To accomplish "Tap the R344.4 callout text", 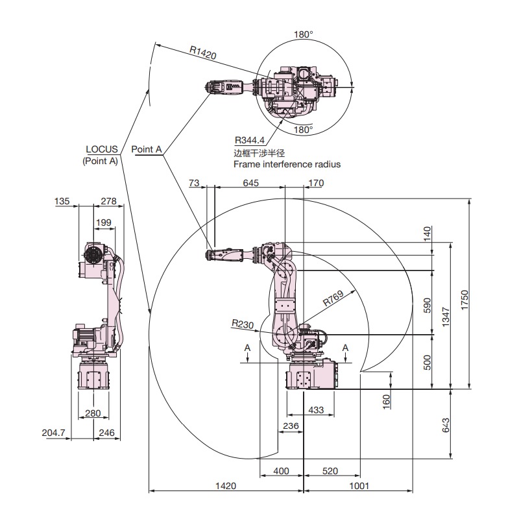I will tap(249, 140).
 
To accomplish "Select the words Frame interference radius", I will tap(287, 165).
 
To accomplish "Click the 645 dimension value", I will tap(250, 184).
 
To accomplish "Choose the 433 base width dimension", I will tap(317, 410).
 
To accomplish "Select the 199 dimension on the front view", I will tap(103, 223).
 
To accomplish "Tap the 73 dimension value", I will tap(194, 184).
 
